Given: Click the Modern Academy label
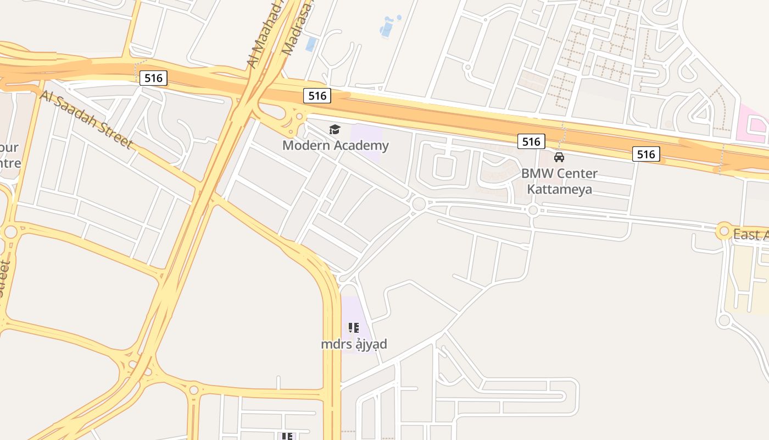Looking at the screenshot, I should [x=335, y=146].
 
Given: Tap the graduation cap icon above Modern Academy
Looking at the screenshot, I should [x=335, y=130].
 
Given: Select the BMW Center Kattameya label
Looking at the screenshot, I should [x=559, y=182].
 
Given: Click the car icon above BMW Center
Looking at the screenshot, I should [x=559, y=157].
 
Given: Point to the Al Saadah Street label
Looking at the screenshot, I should [x=86, y=119].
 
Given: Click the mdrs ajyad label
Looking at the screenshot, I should [x=354, y=344].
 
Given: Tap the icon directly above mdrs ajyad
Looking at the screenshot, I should [x=354, y=328].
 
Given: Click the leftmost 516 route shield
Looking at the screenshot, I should [x=153, y=78].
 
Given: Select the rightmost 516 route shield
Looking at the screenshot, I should [x=646, y=154].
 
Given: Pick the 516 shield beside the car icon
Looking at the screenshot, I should [x=531, y=142].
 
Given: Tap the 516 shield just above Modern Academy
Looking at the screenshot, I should [x=317, y=96].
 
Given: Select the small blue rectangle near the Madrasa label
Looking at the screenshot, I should [x=311, y=44].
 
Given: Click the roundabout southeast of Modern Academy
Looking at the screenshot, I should [x=419, y=204].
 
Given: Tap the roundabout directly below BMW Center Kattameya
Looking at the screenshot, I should [x=533, y=210].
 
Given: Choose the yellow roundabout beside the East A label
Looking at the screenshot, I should [x=724, y=232].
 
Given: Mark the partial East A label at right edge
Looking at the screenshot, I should [x=750, y=234].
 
